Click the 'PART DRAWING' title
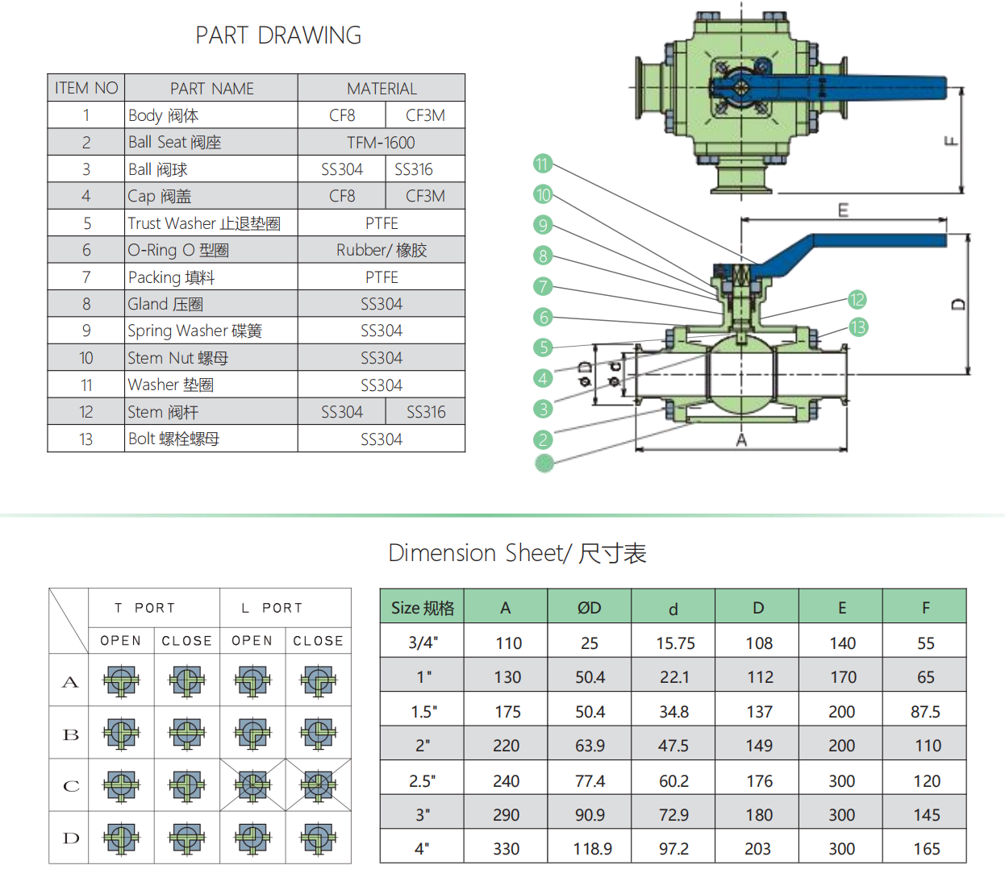point(278,35)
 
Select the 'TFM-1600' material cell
point(381,143)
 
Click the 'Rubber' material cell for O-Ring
point(381,250)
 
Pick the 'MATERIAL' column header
point(382,89)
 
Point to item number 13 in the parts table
point(86,439)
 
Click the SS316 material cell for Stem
point(425,412)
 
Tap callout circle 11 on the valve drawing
point(542,164)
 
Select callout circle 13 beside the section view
point(857,327)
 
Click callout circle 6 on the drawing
point(544,317)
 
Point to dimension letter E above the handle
point(843,210)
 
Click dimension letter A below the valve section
point(741,440)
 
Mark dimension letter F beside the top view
point(951,142)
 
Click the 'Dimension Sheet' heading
point(517,553)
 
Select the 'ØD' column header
point(589,608)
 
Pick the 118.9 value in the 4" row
point(592,849)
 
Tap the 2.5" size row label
point(422,781)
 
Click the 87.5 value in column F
point(925,712)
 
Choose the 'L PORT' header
point(271,608)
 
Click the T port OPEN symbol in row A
point(121,681)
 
